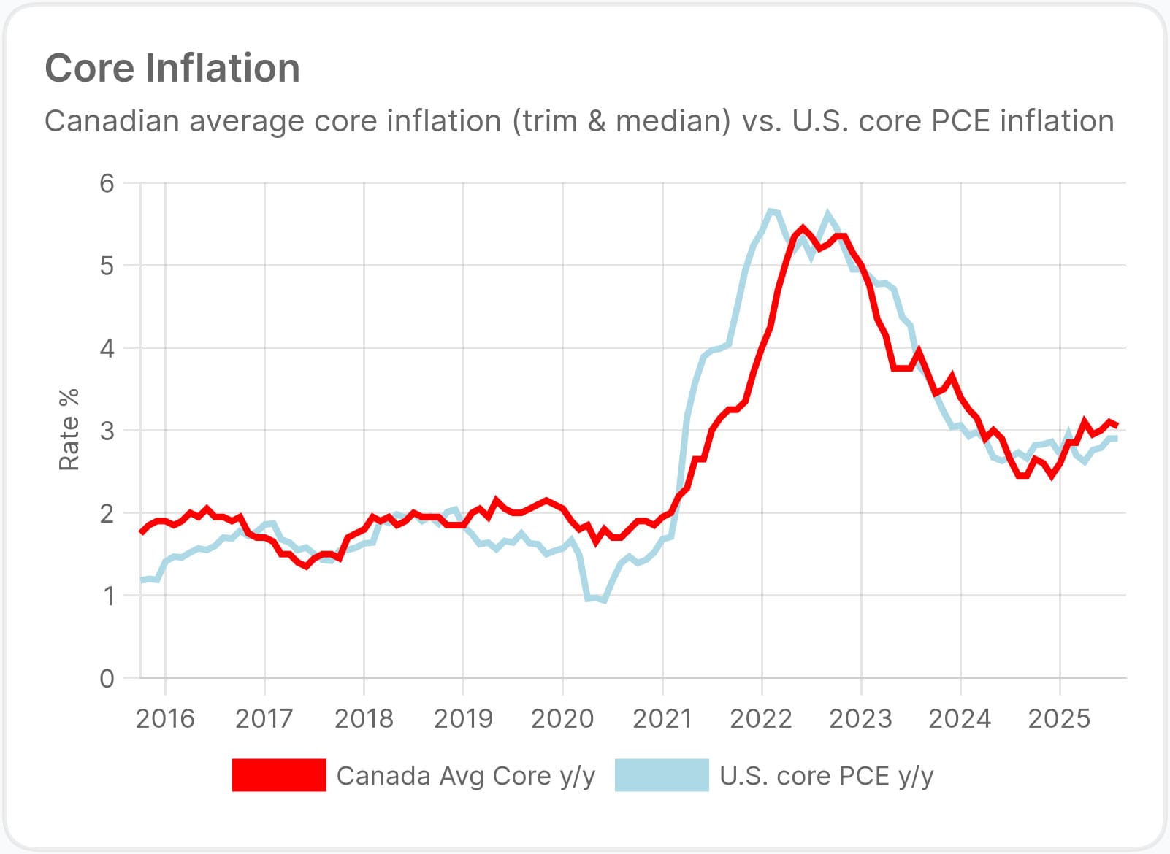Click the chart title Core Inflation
pos(172,69)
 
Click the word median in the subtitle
pos(672,121)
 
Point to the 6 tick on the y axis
pos(107,183)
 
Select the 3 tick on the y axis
pos(107,431)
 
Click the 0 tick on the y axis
pos(107,678)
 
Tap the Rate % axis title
pos(69,429)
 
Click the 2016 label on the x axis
pos(165,719)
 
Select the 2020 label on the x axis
pos(562,719)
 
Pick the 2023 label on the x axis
pos(860,719)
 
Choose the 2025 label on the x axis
pos(1059,719)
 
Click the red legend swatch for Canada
pos(279,775)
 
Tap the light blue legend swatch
pos(662,775)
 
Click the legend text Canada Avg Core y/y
pos(465,776)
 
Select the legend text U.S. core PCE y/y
pos(826,776)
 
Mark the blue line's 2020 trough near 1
pos(603,600)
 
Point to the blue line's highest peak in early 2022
pos(770,211)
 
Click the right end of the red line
pos(1117,426)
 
